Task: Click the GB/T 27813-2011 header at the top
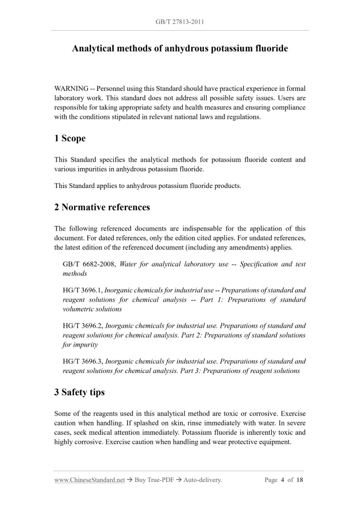point(180,22)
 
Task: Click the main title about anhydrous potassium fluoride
point(180,49)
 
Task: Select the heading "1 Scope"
point(70,138)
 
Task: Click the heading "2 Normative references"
point(102,207)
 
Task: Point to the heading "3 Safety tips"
point(79,392)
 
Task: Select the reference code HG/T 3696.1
point(82,290)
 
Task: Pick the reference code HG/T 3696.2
point(82,326)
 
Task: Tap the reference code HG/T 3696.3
point(82,361)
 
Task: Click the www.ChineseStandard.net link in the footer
point(89,480)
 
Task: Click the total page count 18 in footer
point(300,480)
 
